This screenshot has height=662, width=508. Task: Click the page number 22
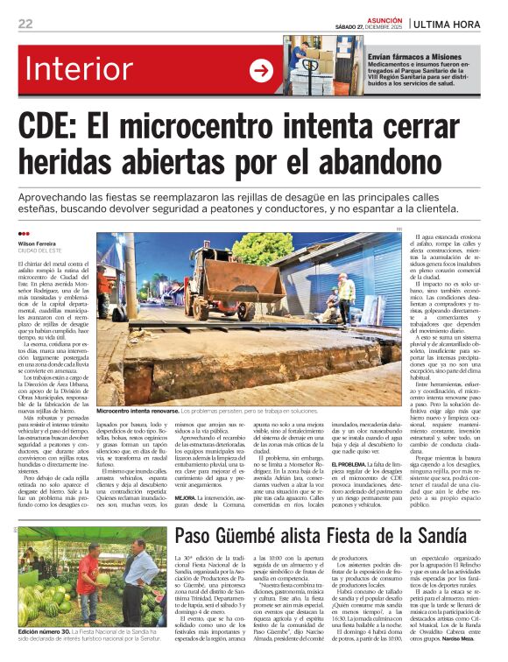click(25, 24)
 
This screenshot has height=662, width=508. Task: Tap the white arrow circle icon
click(261, 71)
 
